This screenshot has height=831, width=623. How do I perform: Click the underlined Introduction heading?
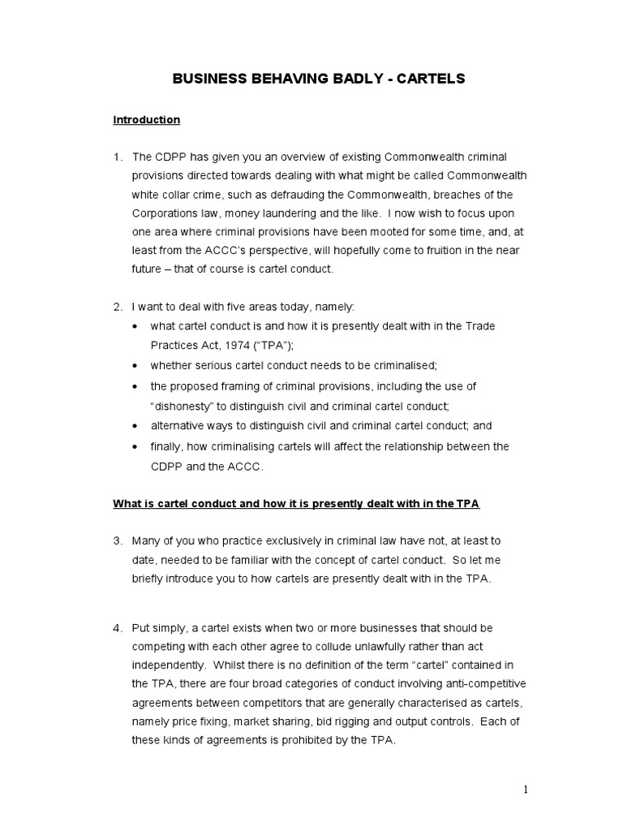(146, 120)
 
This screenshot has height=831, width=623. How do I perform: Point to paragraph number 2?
(117, 306)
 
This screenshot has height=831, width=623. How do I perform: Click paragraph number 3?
(117, 540)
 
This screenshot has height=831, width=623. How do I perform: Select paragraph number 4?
(117, 628)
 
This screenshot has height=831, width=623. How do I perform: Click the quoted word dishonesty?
(183, 405)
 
